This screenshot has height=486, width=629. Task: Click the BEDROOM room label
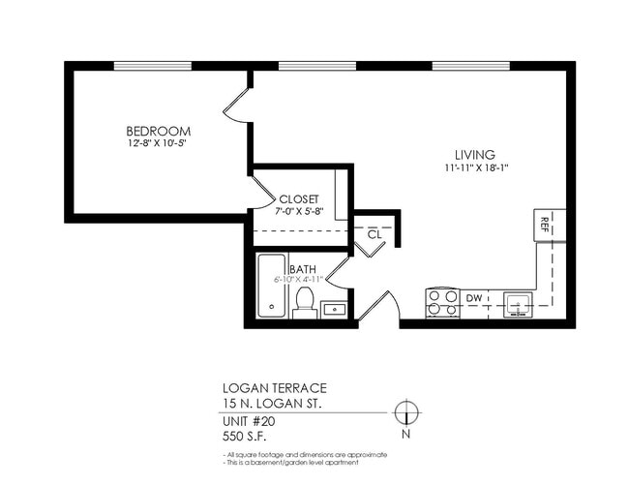[x=158, y=131]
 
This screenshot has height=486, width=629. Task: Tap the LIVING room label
[x=475, y=155]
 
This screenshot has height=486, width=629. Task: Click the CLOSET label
[x=298, y=198]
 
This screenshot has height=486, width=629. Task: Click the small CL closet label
[x=374, y=233]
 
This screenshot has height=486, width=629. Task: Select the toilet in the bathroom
[x=305, y=301]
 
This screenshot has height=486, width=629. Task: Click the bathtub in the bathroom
[x=272, y=288]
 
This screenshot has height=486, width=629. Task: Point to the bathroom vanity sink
[x=334, y=309]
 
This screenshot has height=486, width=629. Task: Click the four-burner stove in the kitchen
[x=442, y=303]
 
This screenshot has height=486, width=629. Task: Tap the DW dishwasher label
[x=474, y=298]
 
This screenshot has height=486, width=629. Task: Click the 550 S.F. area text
[x=246, y=437]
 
